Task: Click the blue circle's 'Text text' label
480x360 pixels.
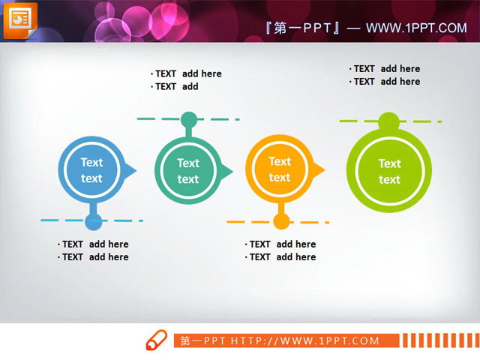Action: (x=91, y=170)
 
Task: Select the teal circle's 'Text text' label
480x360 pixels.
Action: (x=188, y=171)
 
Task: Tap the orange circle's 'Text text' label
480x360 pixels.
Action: (x=280, y=169)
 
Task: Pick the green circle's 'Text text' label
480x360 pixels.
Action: (x=389, y=171)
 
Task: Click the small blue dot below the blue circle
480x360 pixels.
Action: (x=93, y=221)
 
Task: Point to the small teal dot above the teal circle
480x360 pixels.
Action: (x=189, y=119)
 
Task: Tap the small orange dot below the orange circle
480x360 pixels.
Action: (x=281, y=221)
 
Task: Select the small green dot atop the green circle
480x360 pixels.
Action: (x=388, y=121)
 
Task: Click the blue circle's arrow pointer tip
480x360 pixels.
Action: (x=135, y=171)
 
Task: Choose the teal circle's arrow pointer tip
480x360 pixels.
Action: (x=231, y=171)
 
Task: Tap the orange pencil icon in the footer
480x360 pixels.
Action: (x=156, y=340)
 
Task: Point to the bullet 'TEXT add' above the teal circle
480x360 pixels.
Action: (x=175, y=87)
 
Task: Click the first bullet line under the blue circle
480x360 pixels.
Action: (x=94, y=244)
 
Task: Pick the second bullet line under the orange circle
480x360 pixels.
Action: (x=282, y=257)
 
